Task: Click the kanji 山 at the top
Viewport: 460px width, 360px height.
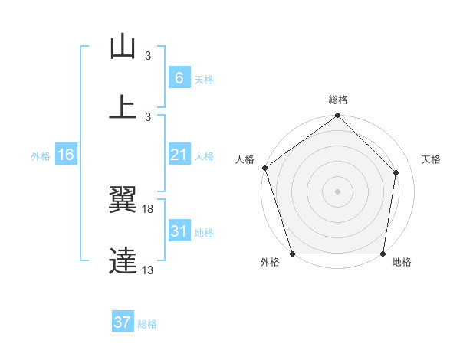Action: (123, 47)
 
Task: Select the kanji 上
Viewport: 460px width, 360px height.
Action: (123, 106)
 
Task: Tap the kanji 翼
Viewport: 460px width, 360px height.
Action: (123, 201)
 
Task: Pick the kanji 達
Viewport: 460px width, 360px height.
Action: (123, 261)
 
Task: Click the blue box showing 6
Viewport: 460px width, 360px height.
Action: (179, 77)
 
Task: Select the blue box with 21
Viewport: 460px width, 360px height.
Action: (179, 155)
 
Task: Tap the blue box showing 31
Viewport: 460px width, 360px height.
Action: (179, 231)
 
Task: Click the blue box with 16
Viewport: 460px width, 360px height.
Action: (65, 155)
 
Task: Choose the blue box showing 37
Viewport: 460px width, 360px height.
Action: (123, 322)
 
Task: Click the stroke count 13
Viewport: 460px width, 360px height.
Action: (147, 270)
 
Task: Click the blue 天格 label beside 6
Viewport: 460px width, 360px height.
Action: (204, 79)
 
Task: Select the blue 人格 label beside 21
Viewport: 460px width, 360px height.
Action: (204, 156)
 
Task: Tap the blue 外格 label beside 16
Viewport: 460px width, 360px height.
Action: (40, 156)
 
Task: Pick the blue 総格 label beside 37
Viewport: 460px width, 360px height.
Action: (147, 324)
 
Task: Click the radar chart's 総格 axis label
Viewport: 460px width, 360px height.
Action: (337, 100)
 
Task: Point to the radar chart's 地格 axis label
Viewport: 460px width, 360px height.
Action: (402, 263)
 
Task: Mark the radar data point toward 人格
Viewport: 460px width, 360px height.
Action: (264, 168)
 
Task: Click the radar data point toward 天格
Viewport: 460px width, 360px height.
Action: (396, 172)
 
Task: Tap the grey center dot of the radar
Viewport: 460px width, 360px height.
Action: (337, 191)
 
